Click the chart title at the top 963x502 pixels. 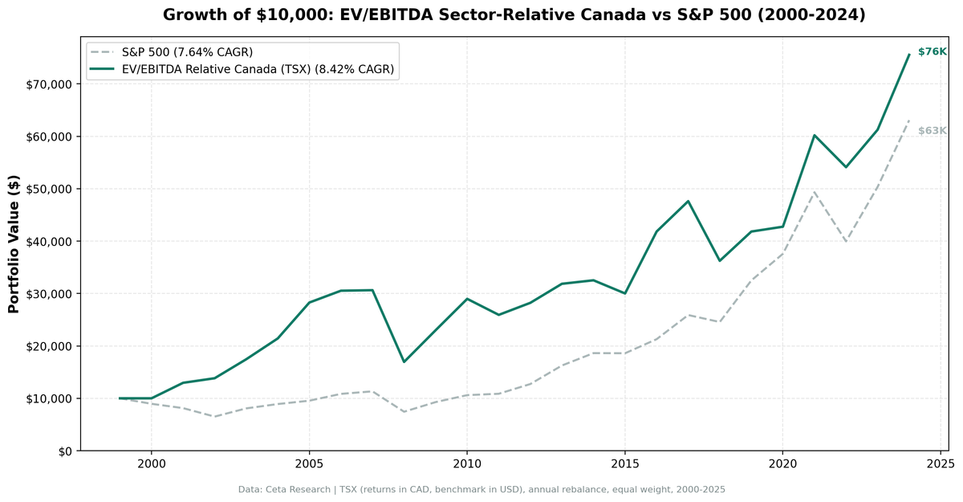(514, 15)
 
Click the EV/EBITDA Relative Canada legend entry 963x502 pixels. (258, 70)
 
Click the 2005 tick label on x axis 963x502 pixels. (309, 464)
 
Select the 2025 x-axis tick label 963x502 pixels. (940, 464)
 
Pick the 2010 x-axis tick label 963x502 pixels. (467, 464)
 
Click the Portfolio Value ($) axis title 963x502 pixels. (14, 245)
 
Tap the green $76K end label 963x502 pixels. (932, 52)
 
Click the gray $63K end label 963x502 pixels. (932, 131)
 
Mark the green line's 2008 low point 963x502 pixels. (404, 361)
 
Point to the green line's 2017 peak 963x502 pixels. (688, 201)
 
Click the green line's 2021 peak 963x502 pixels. (814, 135)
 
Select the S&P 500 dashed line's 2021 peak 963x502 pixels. (814, 191)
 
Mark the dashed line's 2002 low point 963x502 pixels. (214, 416)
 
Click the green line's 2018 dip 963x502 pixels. (719, 260)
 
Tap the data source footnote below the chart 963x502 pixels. (481, 489)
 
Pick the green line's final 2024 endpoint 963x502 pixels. (908, 55)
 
